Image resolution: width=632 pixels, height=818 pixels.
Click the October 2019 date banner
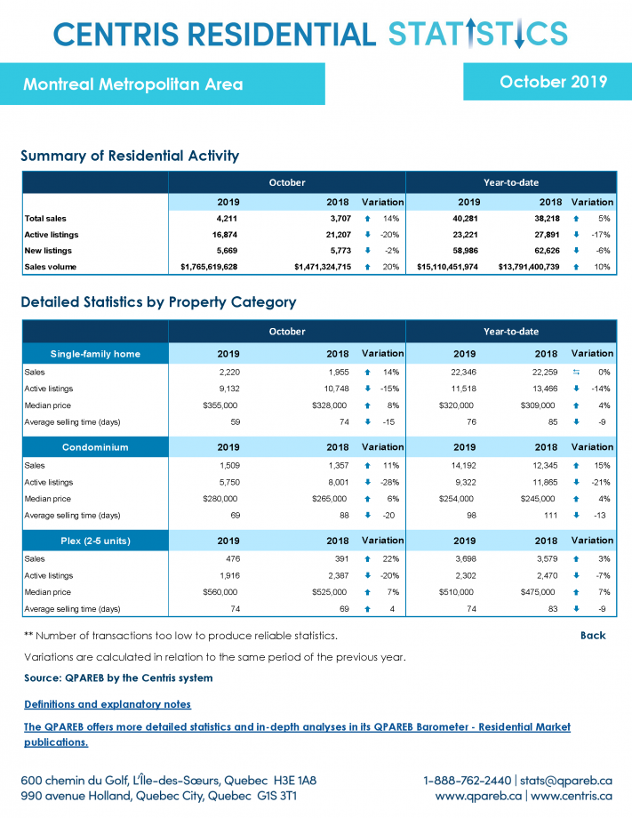pyautogui.click(x=548, y=82)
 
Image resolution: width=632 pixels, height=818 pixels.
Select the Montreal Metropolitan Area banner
pyautogui.click(x=162, y=84)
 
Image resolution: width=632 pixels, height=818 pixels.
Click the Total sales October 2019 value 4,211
pyautogui.click(x=228, y=219)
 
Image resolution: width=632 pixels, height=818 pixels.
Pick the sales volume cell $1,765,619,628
pyautogui.click(x=209, y=267)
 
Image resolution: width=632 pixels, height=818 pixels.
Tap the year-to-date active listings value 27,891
pyautogui.click(x=547, y=235)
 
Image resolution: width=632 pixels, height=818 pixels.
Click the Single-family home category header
pyautogui.click(x=95, y=354)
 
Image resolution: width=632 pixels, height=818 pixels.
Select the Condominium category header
pyautogui.click(x=95, y=447)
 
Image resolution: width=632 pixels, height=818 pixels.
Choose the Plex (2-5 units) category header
pyautogui.click(x=95, y=541)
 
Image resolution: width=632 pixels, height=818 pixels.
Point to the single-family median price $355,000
pyautogui.click(x=220, y=405)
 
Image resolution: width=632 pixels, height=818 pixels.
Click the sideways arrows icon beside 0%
pyautogui.click(x=576, y=372)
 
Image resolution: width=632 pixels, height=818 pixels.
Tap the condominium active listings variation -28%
pyautogui.click(x=389, y=483)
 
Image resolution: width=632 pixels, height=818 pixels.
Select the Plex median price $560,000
pyautogui.click(x=220, y=592)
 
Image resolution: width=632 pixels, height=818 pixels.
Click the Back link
pyautogui.click(x=593, y=636)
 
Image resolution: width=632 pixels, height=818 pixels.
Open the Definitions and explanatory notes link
pyautogui.click(x=108, y=704)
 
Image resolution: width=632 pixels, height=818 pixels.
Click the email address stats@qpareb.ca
pyautogui.click(x=565, y=781)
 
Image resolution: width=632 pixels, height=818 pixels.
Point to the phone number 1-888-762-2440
pyautogui.click(x=468, y=781)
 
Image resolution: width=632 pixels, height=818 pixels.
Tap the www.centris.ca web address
pyautogui.click(x=572, y=796)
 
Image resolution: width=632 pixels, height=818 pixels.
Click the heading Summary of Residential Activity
pyautogui.click(x=130, y=156)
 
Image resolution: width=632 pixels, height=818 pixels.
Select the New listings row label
pyautogui.click(x=48, y=251)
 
